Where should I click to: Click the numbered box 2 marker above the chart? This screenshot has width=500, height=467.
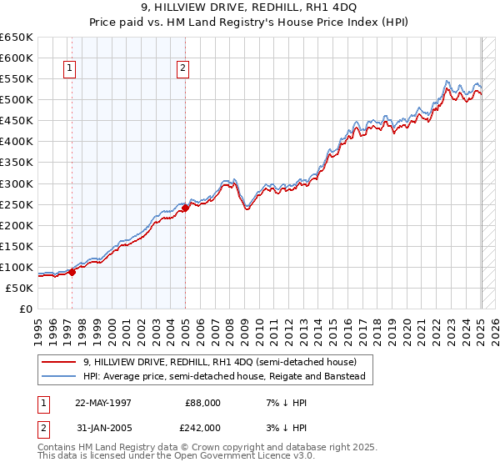(182, 69)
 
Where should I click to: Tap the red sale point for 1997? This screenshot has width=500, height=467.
(72, 271)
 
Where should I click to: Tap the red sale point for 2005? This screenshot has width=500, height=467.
(186, 208)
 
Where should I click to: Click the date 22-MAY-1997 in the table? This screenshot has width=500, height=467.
(103, 403)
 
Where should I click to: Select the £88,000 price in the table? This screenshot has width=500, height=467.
(204, 403)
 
